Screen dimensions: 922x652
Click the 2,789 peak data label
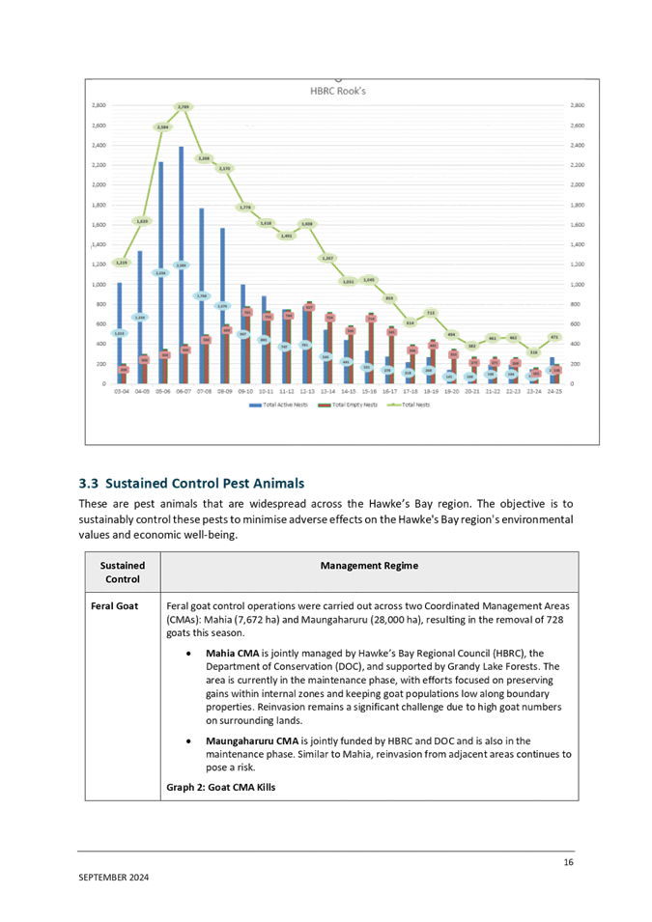[x=184, y=106]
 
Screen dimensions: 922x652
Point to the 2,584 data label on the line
[x=162, y=126]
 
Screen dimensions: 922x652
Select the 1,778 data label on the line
[x=245, y=207]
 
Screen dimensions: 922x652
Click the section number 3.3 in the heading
[x=87, y=483]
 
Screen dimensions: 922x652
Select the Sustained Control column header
[x=123, y=573]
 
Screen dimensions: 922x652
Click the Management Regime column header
[x=369, y=566]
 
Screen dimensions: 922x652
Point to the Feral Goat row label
[x=115, y=605]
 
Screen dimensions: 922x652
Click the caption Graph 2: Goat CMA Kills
[x=221, y=787]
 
